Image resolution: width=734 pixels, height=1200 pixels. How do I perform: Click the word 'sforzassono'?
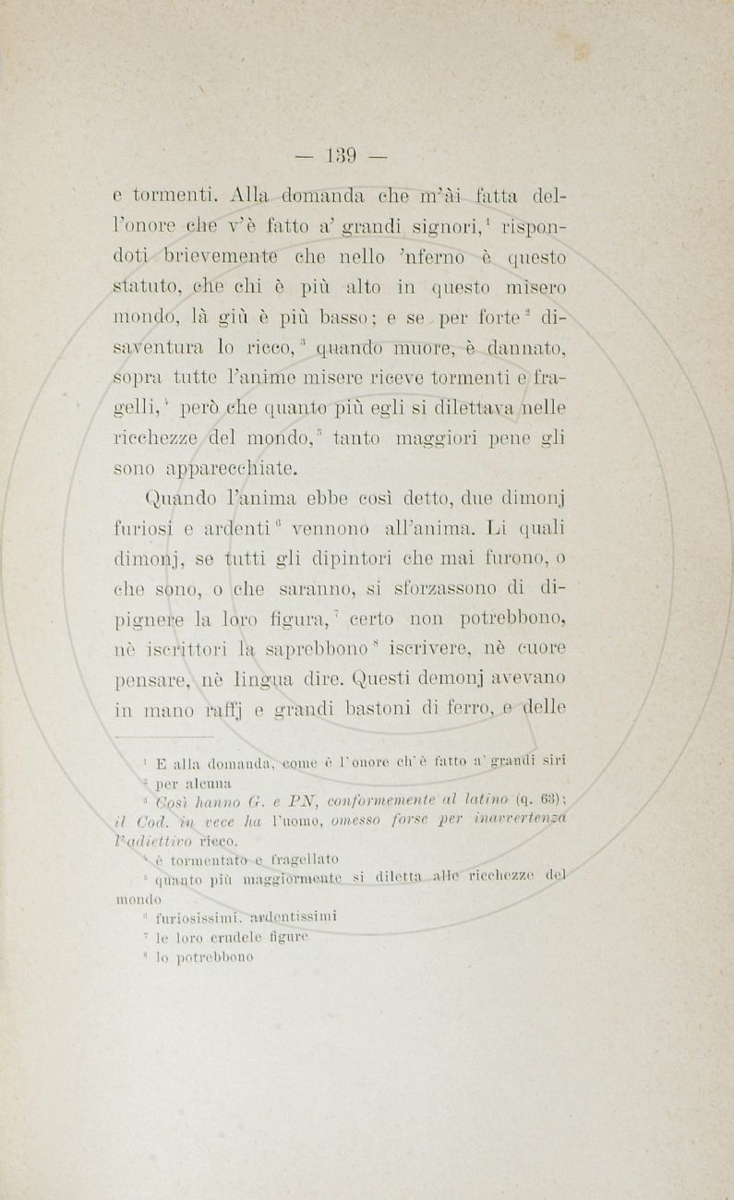(434, 589)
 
